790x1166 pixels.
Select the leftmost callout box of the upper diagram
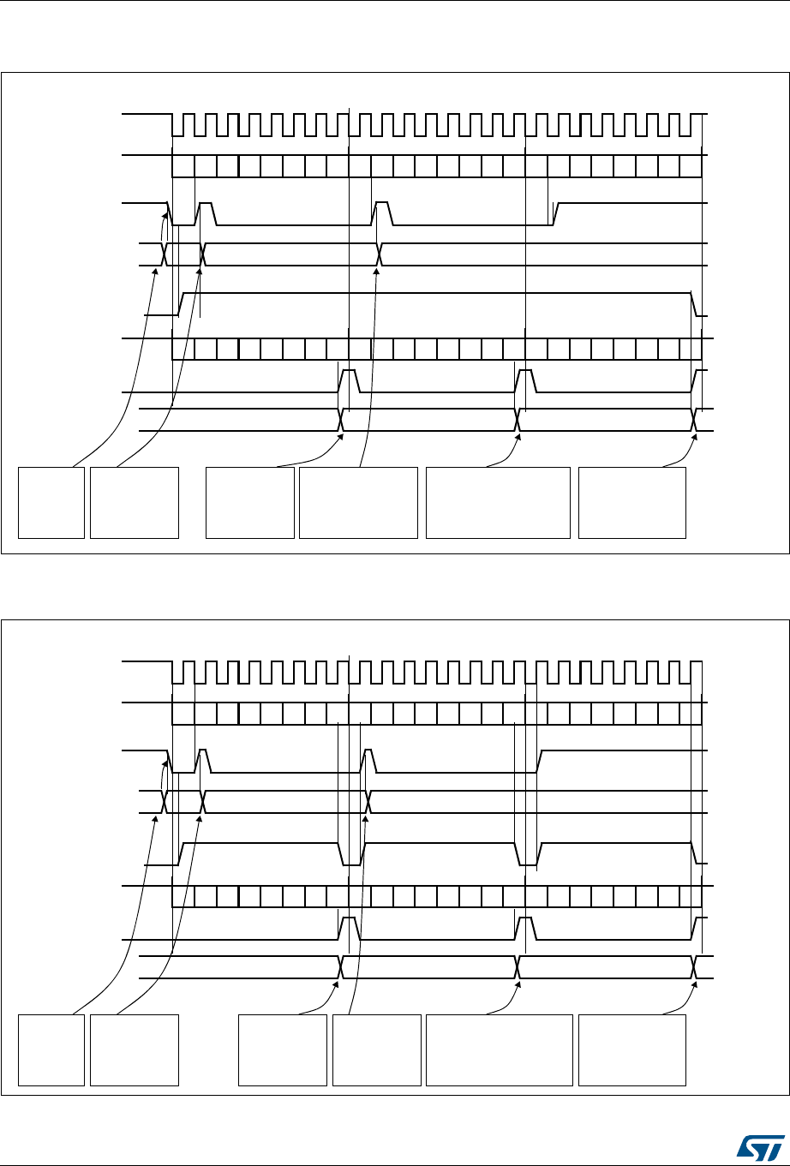pyautogui.click(x=51, y=502)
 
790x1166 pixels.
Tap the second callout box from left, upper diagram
pyautogui.click(x=135, y=502)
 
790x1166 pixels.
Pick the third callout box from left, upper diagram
pyautogui.click(x=250, y=502)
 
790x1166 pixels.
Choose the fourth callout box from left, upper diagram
pyautogui.click(x=358, y=502)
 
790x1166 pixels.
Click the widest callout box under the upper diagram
pyautogui.click(x=498, y=502)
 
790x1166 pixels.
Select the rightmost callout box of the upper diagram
pyautogui.click(x=632, y=502)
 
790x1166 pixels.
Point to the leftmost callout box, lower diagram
pyautogui.click(x=51, y=1049)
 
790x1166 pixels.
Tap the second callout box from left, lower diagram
pyautogui.click(x=135, y=1049)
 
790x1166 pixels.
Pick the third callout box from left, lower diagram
pyautogui.click(x=283, y=1049)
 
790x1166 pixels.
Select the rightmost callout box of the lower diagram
pyautogui.click(x=632, y=1049)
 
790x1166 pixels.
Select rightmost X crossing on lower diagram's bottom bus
pyautogui.click(x=695, y=966)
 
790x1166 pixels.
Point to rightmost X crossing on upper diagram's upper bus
pyautogui.click(x=380, y=254)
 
